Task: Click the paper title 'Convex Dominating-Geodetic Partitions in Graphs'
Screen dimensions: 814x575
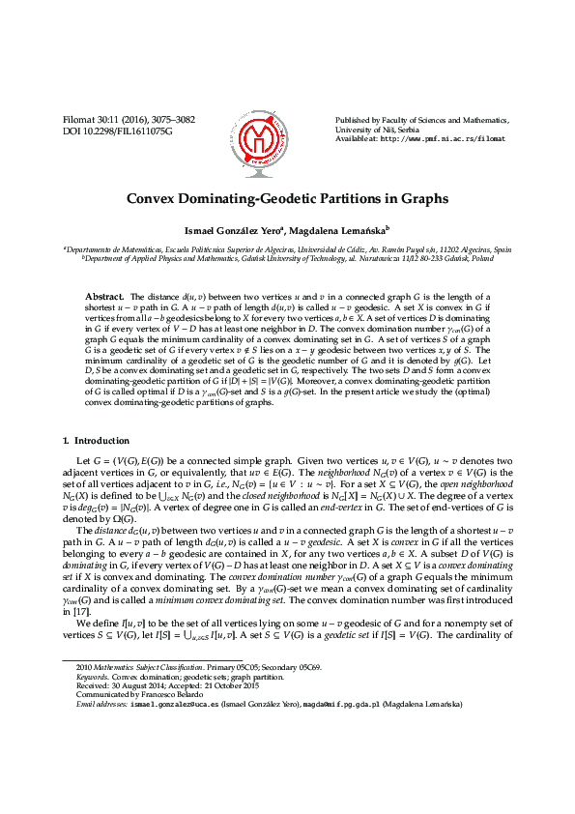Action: click(287, 198)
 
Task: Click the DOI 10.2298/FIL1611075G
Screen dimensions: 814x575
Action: click(117, 130)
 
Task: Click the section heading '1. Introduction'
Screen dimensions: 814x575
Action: click(95, 441)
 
